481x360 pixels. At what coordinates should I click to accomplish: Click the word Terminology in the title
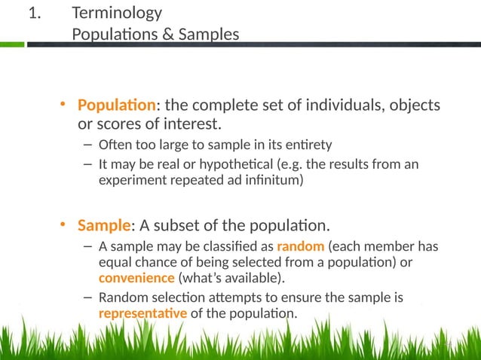pos(117,13)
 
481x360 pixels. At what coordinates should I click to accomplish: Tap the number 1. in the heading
pos(34,13)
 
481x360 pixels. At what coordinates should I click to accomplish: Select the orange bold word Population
pos(117,104)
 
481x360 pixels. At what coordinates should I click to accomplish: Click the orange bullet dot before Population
pos(65,104)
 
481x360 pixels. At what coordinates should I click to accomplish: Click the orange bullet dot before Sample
pos(65,224)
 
